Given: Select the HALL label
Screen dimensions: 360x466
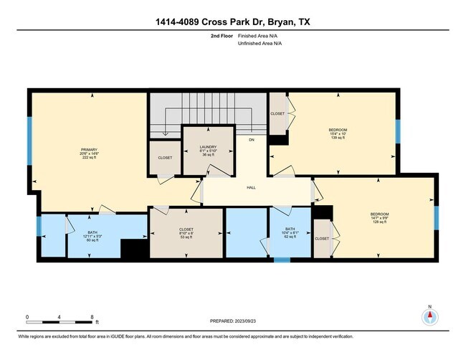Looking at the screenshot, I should pos(252,187).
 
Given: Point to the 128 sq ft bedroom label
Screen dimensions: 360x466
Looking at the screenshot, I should pos(379,218).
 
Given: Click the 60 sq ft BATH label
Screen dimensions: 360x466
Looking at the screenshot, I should pos(92,236).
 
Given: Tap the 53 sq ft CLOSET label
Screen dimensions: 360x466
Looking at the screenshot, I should pos(186,232).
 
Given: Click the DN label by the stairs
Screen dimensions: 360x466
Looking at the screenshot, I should pos(252,140).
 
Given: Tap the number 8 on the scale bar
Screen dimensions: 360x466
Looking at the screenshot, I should pos(92,316).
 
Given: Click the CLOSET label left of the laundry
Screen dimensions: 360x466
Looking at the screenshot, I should pos(164,157).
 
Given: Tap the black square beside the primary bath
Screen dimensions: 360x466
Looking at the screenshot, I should pos(133,249).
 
